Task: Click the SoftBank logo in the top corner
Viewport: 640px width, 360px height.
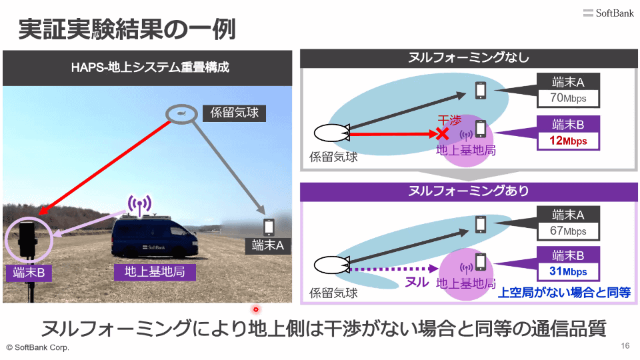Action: coord(608,13)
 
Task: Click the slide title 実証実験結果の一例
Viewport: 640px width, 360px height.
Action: coord(127,29)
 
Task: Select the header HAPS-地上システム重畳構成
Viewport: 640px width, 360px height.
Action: coord(150,67)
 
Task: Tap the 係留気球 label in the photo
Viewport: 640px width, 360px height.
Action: coord(234,113)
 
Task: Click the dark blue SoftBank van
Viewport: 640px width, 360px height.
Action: coord(155,237)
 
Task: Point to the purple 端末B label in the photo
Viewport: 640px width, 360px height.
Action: coord(29,272)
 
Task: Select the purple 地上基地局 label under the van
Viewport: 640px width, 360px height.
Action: coord(154,272)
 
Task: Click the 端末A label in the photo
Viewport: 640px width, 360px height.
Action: coord(268,246)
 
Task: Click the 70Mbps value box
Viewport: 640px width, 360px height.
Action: coord(568,99)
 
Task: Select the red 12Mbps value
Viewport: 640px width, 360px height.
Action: coord(568,141)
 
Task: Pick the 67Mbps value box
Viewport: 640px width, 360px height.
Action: coord(568,231)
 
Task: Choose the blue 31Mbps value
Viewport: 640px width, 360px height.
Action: coord(568,271)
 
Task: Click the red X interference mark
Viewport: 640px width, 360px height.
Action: coord(442,133)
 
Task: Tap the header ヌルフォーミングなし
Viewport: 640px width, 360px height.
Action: coord(469,58)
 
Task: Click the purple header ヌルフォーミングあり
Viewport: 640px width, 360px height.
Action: coord(469,191)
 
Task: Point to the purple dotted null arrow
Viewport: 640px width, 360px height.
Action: coord(394,269)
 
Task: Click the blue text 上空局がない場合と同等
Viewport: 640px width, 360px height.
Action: coord(564,292)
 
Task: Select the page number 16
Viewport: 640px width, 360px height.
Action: coord(625,346)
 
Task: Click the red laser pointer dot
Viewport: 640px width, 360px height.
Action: coord(256,309)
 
